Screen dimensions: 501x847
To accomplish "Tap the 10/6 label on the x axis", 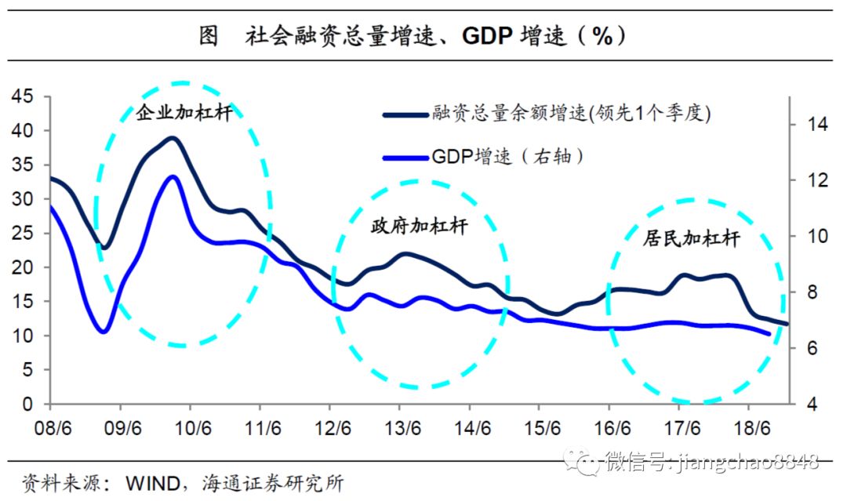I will tap(191, 430).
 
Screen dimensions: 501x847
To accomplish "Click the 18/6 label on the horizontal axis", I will tap(749, 430).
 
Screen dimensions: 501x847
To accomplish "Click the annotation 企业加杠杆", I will tap(184, 113).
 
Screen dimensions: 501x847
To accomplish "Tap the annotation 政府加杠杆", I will tap(419, 227).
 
